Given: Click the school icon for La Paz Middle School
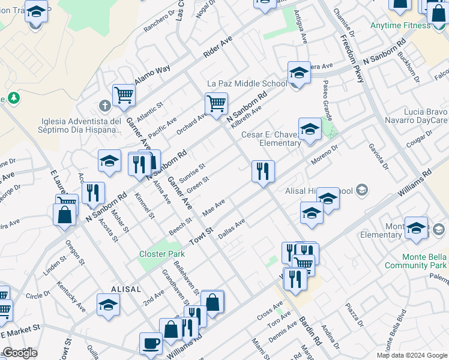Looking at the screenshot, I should tap(298, 73).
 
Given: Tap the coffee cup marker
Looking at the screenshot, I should tap(150, 344).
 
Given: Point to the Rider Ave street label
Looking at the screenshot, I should tap(217, 46).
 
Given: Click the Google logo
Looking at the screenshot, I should tap(20, 353).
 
